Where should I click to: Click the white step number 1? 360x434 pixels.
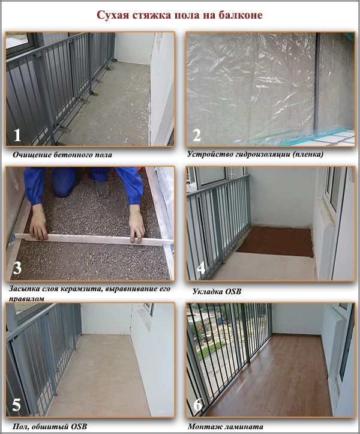(x=17, y=135)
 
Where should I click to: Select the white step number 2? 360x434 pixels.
(x=196, y=135)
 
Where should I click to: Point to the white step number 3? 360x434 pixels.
(x=17, y=268)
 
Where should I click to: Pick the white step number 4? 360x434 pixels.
(x=201, y=268)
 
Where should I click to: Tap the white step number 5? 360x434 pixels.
(x=16, y=405)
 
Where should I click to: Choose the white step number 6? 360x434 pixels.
(x=197, y=405)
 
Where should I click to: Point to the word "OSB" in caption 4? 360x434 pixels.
(x=233, y=292)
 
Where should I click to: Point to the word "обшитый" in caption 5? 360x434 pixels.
(x=49, y=427)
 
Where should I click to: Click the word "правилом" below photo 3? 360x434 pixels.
(x=26, y=299)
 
